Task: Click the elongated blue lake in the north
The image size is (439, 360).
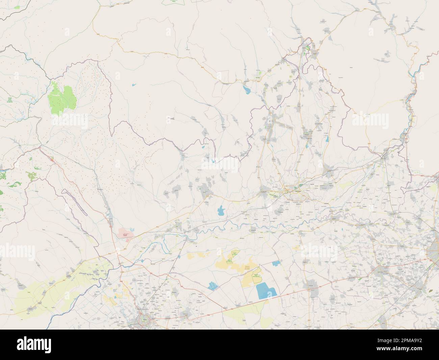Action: point(246,90)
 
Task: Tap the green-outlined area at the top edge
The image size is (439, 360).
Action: point(174,2)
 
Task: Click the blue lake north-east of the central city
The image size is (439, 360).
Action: point(326,139)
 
